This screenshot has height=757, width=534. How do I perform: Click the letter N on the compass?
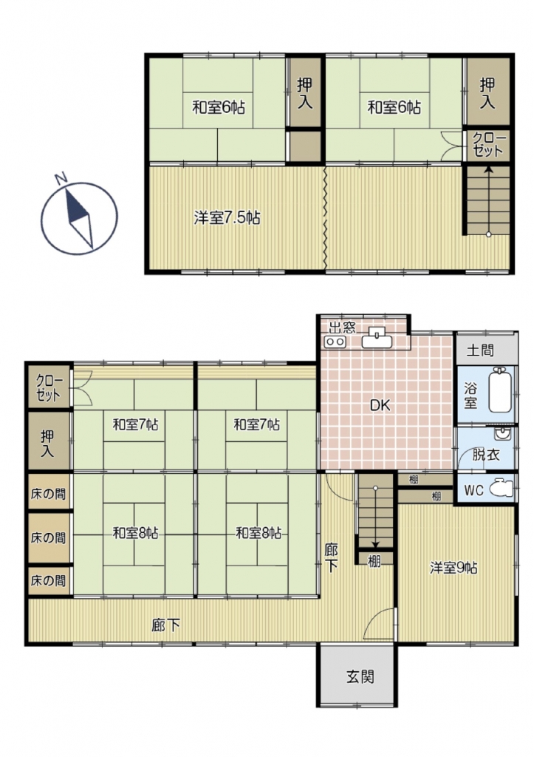[x=61, y=179]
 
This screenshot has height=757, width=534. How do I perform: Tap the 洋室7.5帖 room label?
[x=227, y=218]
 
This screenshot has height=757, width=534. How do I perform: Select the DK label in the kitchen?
[x=380, y=406]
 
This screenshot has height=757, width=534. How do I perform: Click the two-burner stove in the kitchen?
[x=335, y=342]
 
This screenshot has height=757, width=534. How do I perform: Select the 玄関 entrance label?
[x=360, y=677]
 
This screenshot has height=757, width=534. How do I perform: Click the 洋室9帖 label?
[x=453, y=568]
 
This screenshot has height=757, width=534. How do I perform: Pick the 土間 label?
[x=480, y=350]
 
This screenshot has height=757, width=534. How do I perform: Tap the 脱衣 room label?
[x=486, y=455]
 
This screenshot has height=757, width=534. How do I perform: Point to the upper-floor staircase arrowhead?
[x=489, y=169]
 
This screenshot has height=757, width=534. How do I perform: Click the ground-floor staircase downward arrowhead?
[x=375, y=546]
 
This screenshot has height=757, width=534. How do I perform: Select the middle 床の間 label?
[x=48, y=537]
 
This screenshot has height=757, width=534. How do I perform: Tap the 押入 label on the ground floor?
[x=47, y=444]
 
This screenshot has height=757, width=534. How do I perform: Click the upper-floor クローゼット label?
[x=487, y=145]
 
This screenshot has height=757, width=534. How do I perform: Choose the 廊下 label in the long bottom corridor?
[x=166, y=625]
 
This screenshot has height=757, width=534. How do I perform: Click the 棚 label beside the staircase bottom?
[x=374, y=560]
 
